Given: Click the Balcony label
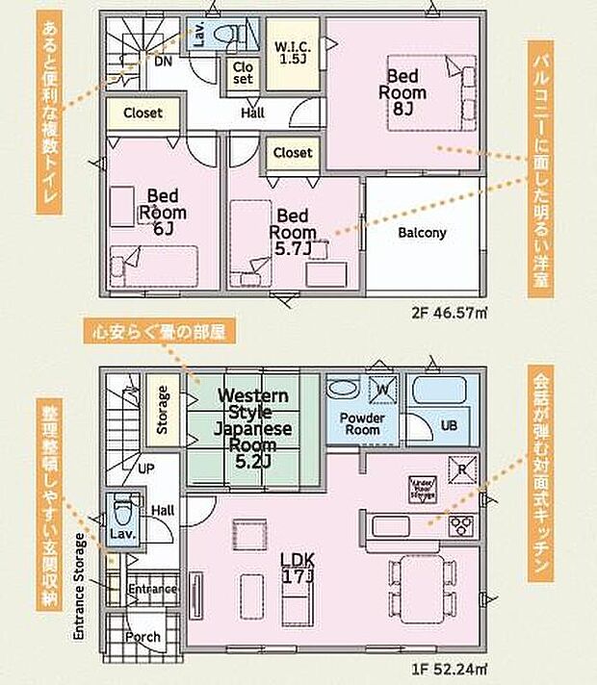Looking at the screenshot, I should pyautogui.click(x=422, y=233).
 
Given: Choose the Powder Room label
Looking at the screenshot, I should pyautogui.click(x=362, y=423).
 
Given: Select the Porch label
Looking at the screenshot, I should pyautogui.click(x=143, y=636).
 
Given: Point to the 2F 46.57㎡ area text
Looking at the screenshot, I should pyautogui.click(x=449, y=312).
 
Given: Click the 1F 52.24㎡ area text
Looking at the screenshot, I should pyautogui.click(x=449, y=666).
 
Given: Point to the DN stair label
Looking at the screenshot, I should pyautogui.click(x=164, y=61).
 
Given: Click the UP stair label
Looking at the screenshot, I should pyautogui.click(x=146, y=468).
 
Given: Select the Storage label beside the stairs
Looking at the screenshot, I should pyautogui.click(x=163, y=409).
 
